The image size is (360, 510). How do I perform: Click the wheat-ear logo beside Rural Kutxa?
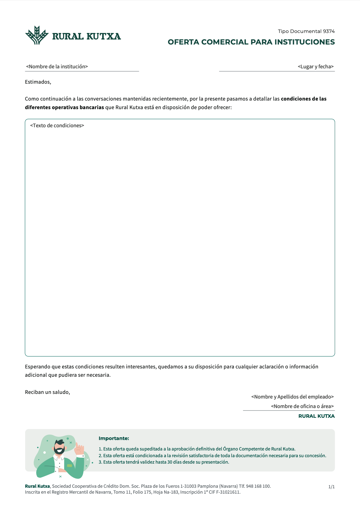pyautogui.click(x=37, y=35)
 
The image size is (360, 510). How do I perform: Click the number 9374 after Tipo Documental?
pyautogui.click(x=329, y=31)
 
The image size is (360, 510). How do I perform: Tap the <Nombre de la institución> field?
pyautogui.click(x=57, y=66)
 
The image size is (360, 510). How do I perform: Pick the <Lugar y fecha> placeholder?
pyautogui.click(x=315, y=66)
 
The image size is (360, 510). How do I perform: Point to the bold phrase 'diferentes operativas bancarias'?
pyautogui.click(x=64, y=108)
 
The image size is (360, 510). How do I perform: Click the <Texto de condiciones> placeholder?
pyautogui.click(x=57, y=125)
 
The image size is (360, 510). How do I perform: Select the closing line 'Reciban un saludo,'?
pyautogui.click(x=47, y=392)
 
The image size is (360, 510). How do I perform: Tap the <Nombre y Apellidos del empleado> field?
pyautogui.click(x=292, y=397)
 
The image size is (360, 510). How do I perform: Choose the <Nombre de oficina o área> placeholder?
pyautogui.click(x=302, y=406)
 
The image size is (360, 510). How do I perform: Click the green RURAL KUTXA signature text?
pyautogui.click(x=317, y=416)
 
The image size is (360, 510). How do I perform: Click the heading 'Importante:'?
pyautogui.click(x=114, y=438)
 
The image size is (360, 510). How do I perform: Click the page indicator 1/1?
pyautogui.click(x=332, y=487)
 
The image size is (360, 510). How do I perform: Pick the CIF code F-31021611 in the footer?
pyautogui.click(x=228, y=492)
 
